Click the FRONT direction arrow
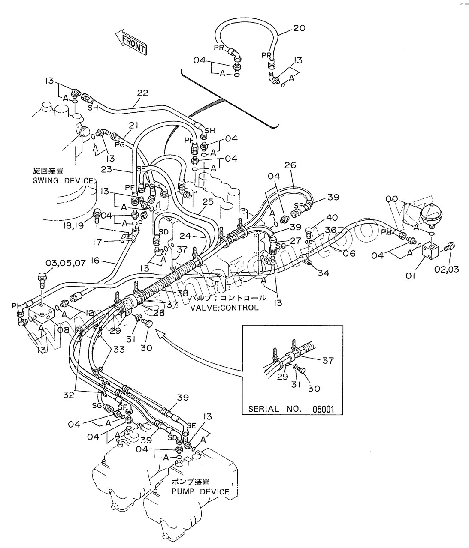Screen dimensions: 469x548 (131, 42)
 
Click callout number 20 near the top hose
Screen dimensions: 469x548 (300, 28)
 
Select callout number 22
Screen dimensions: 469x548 (142, 93)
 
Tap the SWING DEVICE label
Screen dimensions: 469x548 (63, 180)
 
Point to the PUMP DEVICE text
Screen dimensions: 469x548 (200, 491)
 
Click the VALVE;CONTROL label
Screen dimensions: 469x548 (224, 308)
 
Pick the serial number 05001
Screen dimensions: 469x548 (323, 409)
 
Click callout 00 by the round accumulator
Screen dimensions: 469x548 (392, 199)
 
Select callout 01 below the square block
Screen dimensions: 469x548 (410, 276)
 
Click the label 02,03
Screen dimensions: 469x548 (447, 270)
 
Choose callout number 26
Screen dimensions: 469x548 (290, 165)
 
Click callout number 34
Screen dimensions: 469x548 (324, 273)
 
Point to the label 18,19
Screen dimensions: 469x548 (73, 226)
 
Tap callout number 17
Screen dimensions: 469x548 (97, 242)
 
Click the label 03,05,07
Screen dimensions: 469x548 (66, 263)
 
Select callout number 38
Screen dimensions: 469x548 (183, 293)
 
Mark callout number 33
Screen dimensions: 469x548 (119, 350)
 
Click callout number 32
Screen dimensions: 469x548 (69, 395)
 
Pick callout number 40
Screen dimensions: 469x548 (332, 217)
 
